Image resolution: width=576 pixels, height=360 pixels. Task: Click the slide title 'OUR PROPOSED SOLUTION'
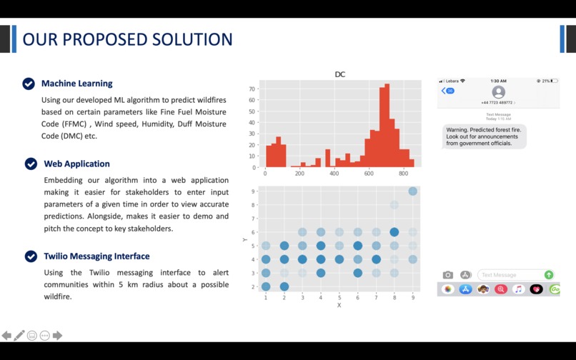coord(127,39)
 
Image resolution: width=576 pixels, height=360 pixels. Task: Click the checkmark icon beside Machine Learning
coord(29,84)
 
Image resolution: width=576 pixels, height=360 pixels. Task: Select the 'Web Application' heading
coord(76,164)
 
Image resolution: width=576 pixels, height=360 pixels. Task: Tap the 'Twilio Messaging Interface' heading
coord(96,256)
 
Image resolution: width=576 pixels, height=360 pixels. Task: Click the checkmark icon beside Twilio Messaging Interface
coord(31,256)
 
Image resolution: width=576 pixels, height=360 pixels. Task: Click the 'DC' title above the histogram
coord(340,74)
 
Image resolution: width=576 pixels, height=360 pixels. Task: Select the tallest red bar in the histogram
coord(387,126)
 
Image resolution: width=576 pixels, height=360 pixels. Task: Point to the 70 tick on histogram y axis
coord(252,89)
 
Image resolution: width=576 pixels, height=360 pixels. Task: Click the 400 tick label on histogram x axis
coord(334,174)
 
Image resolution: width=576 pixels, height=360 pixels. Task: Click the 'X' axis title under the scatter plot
coord(339,305)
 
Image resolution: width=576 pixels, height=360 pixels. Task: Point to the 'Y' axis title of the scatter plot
coord(245,239)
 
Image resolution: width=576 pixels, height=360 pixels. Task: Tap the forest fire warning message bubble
coord(484,136)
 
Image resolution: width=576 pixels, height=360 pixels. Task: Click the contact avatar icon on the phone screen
coord(498,92)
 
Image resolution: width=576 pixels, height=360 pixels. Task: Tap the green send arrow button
coord(549,275)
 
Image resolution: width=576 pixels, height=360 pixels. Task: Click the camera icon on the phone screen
coord(448,275)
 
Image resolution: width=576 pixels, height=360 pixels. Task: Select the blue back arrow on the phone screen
coord(444,91)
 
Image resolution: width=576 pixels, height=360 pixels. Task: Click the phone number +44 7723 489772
coord(497,103)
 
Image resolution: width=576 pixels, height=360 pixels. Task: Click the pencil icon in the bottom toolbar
coord(19,335)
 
